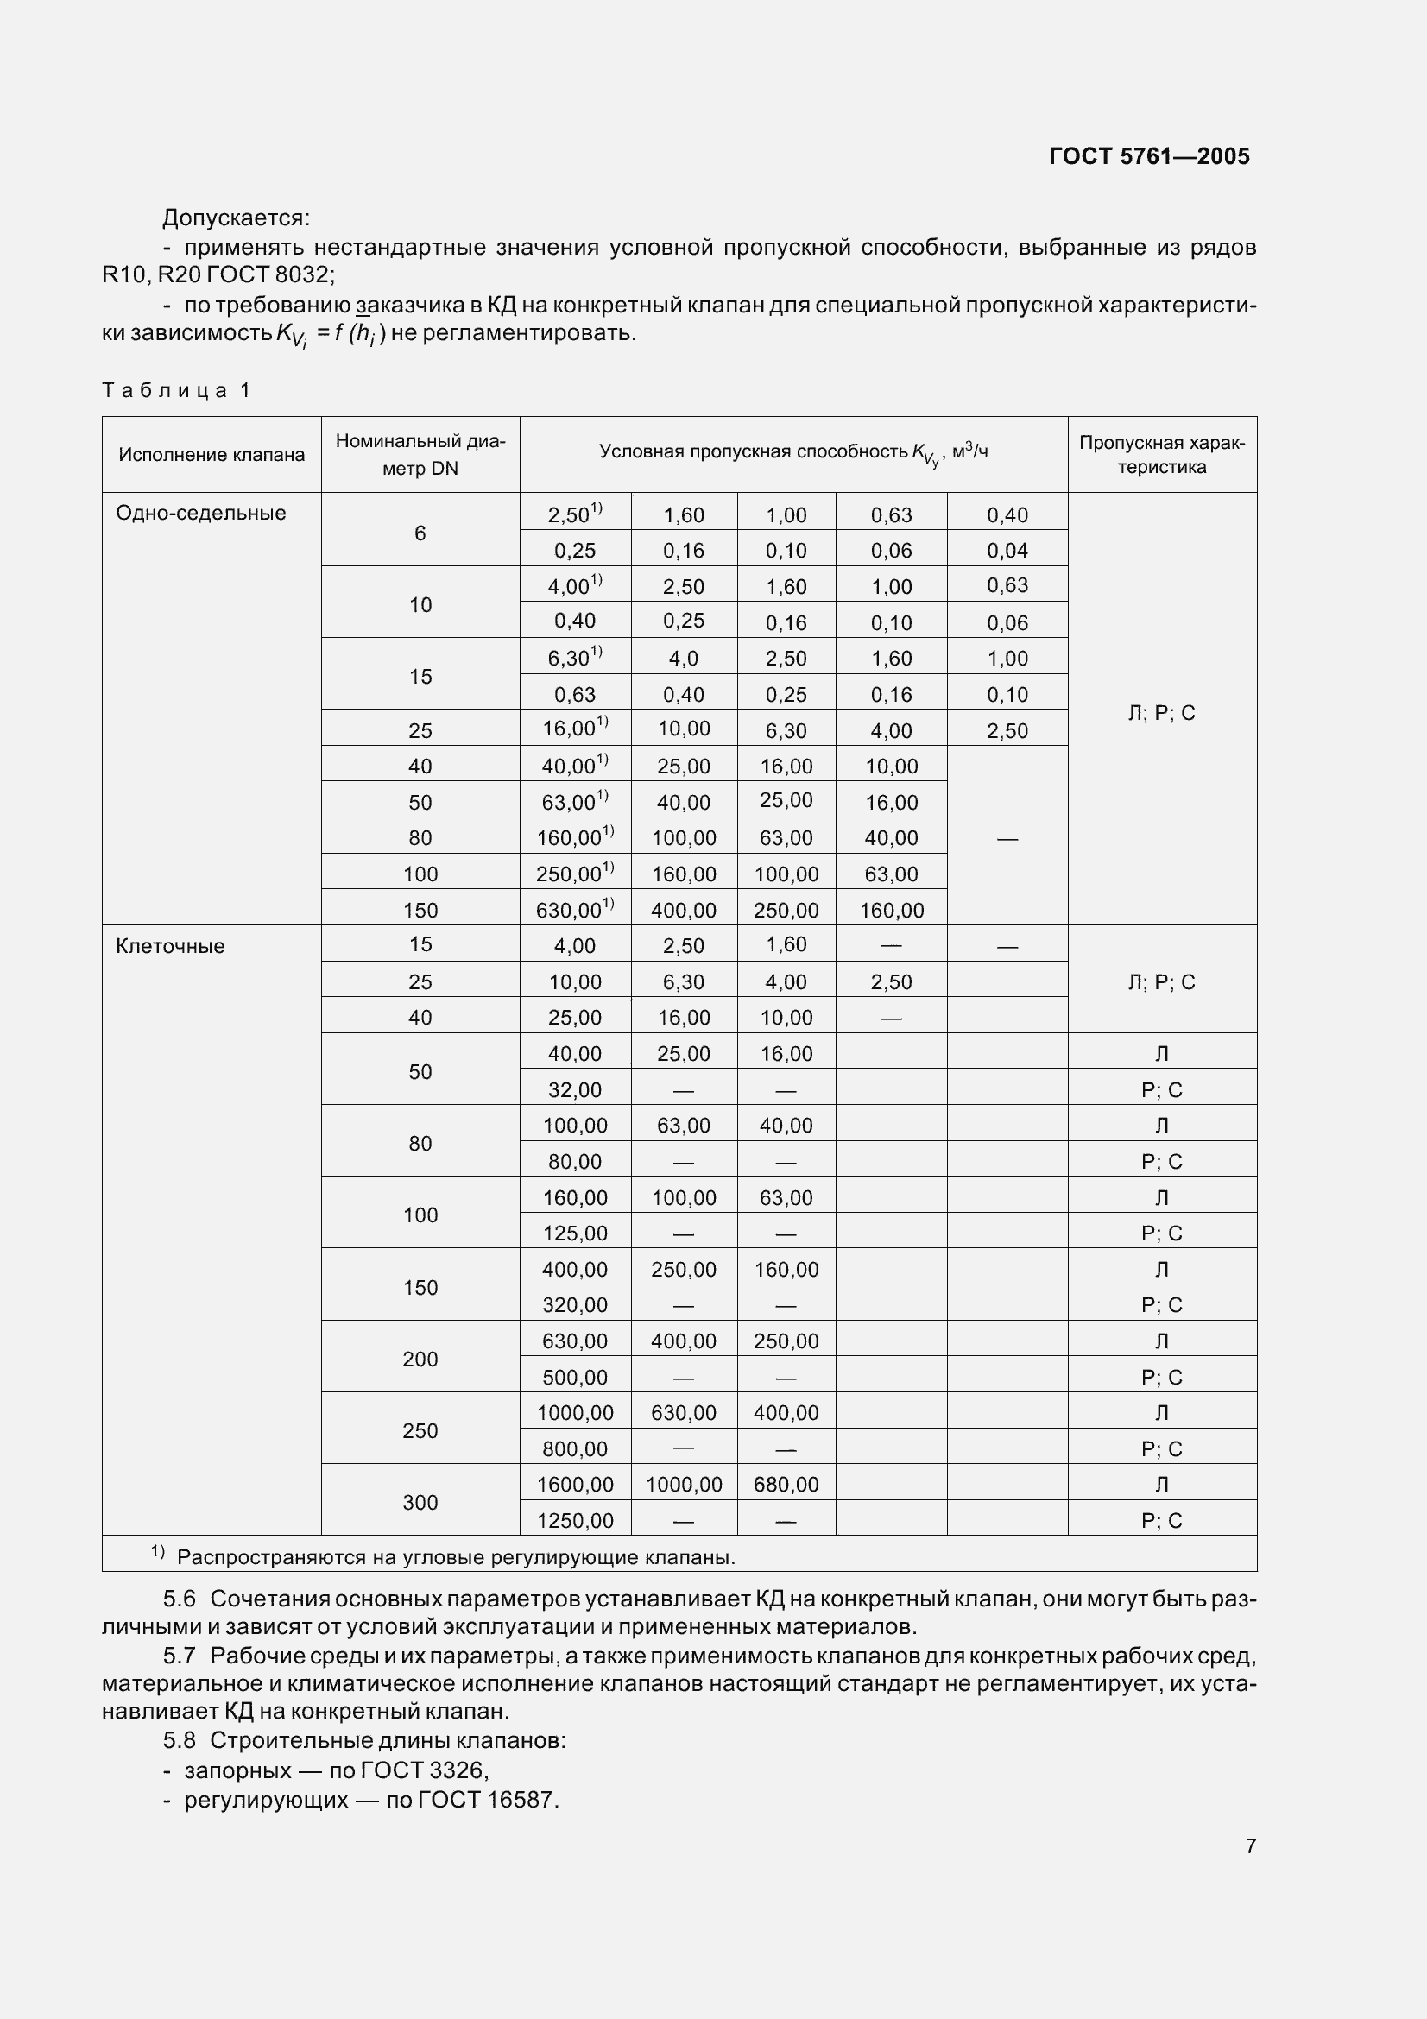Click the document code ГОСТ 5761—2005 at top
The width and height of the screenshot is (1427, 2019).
coord(1148,156)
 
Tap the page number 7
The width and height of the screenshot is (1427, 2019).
coord(1250,1845)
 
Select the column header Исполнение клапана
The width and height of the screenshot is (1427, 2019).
coord(211,455)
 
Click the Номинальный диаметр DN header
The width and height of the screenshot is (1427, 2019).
coord(420,455)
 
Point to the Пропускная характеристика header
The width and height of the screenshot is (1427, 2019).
coord(1161,455)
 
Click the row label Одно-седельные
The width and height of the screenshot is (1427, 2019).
coord(201,513)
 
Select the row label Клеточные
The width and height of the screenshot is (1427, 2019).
coord(171,946)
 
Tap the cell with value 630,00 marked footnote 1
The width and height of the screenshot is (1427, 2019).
coord(574,909)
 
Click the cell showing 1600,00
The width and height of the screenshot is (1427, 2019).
coord(575,1485)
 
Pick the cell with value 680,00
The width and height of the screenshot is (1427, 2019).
coord(786,1485)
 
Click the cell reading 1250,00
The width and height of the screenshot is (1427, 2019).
coord(575,1520)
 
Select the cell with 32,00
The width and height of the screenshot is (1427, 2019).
coord(575,1089)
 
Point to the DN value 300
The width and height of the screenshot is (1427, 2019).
coord(420,1502)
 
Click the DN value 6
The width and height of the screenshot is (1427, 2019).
coord(420,533)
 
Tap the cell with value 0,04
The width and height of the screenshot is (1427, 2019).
coord(1007,551)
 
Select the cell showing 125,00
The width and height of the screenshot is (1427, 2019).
coord(575,1233)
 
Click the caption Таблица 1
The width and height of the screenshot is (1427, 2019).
coord(177,389)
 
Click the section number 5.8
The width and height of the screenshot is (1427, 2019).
coord(179,1741)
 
